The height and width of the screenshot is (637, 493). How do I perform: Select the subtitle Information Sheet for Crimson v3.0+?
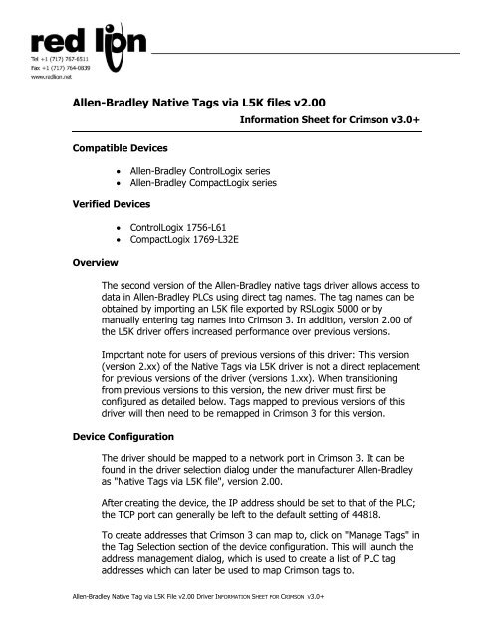tap(351, 118)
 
